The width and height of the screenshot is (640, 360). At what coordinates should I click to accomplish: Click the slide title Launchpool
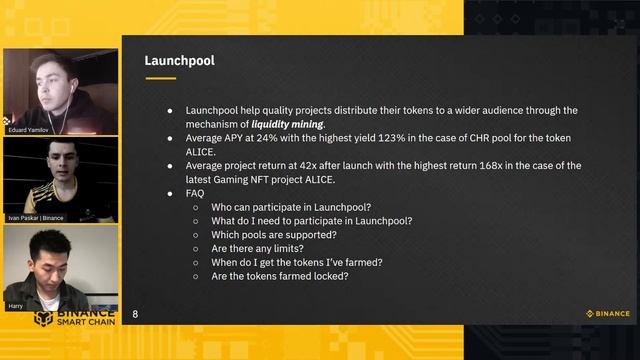pyautogui.click(x=180, y=61)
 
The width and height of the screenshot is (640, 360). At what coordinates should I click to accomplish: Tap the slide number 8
pyautogui.click(x=135, y=314)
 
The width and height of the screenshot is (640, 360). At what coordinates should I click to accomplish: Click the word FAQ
pyautogui.click(x=196, y=193)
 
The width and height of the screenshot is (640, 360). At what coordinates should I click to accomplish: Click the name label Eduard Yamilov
pyautogui.click(x=30, y=129)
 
